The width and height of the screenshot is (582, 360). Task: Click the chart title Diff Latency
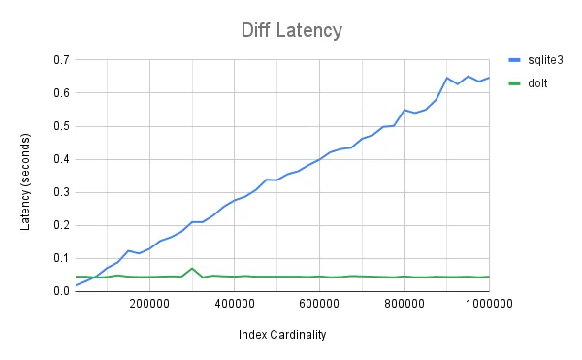click(x=291, y=30)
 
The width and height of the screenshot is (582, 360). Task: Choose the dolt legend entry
click(x=533, y=83)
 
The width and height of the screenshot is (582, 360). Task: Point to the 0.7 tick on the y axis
click(x=60, y=60)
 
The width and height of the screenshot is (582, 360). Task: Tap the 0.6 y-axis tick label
click(x=60, y=93)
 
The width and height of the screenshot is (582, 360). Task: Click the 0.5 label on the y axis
click(x=60, y=126)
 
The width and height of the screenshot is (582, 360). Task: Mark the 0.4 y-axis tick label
click(x=60, y=159)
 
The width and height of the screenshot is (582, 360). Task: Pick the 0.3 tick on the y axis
click(x=60, y=192)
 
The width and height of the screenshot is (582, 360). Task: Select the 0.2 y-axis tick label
click(x=60, y=225)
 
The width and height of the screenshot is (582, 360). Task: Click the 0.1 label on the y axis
click(x=60, y=258)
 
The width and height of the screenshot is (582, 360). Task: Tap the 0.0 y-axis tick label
click(x=60, y=291)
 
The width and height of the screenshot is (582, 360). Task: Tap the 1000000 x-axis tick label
click(x=469, y=305)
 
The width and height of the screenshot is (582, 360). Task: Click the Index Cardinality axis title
click(x=281, y=335)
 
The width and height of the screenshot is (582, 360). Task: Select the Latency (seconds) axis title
click(x=26, y=176)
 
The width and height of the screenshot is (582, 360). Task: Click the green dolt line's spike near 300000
click(x=192, y=268)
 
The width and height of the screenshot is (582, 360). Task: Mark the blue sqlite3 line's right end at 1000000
click(x=489, y=78)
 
